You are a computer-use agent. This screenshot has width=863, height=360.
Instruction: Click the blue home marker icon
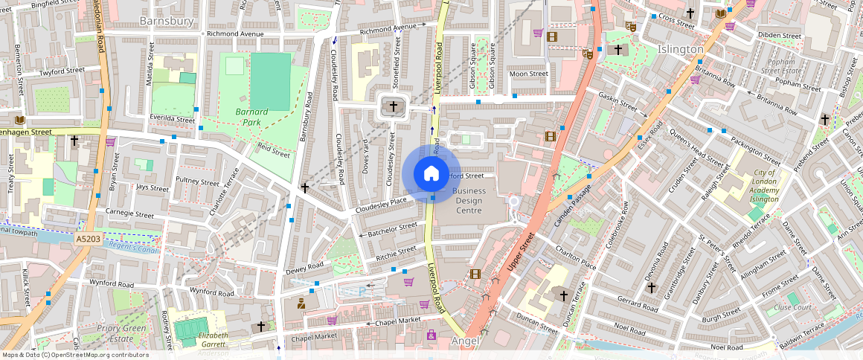[431, 173]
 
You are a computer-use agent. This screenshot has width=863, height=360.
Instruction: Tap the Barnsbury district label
[167, 22]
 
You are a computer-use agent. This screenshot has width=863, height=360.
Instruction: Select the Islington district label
[680, 49]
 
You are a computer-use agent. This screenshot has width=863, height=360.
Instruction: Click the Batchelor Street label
[392, 230]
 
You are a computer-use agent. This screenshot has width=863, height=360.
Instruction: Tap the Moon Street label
[528, 74]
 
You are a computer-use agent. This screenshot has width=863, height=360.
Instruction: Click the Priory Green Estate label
[122, 333]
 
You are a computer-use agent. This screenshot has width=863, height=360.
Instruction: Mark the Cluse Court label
[792, 307]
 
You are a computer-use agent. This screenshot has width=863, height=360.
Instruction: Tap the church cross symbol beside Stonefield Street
[394, 107]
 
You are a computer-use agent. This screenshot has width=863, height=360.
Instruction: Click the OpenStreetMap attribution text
[74, 355]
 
